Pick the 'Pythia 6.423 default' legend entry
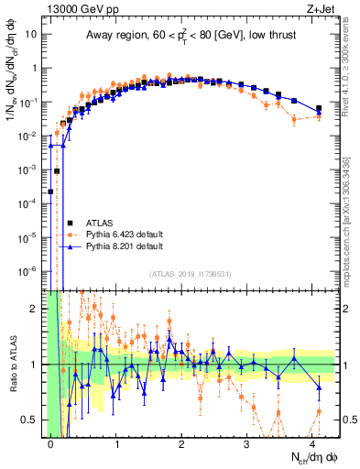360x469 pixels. point(124,234)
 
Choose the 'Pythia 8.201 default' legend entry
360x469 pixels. point(124,246)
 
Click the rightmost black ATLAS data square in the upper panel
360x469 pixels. point(319,108)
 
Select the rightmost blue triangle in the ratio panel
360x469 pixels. point(319,387)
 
